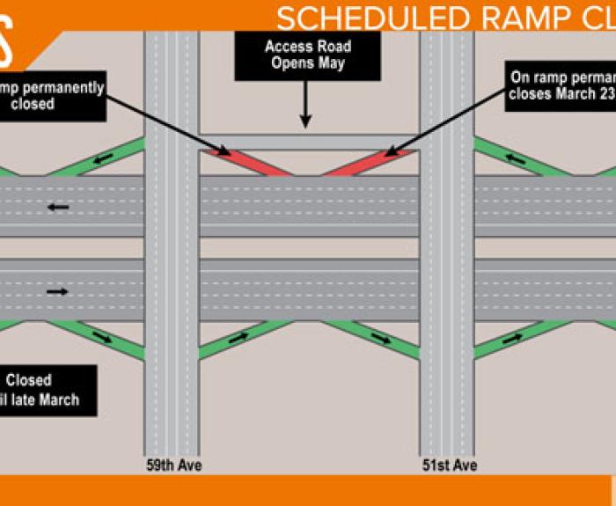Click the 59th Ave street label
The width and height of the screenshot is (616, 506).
click(x=173, y=465)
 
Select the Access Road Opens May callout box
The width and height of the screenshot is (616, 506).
click(x=307, y=55)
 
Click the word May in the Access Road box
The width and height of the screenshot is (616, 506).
click(x=333, y=63)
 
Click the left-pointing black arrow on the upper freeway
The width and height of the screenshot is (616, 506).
click(x=58, y=208)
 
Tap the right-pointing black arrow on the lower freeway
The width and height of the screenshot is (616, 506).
click(x=58, y=291)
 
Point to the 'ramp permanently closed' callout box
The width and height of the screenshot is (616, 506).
click(x=53, y=95)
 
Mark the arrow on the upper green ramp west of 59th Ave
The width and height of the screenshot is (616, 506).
click(x=104, y=158)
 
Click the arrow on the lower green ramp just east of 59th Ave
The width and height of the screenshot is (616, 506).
click(x=238, y=338)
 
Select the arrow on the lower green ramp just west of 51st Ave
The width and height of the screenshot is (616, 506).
click(x=380, y=338)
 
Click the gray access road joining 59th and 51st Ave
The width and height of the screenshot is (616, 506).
click(x=307, y=142)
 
